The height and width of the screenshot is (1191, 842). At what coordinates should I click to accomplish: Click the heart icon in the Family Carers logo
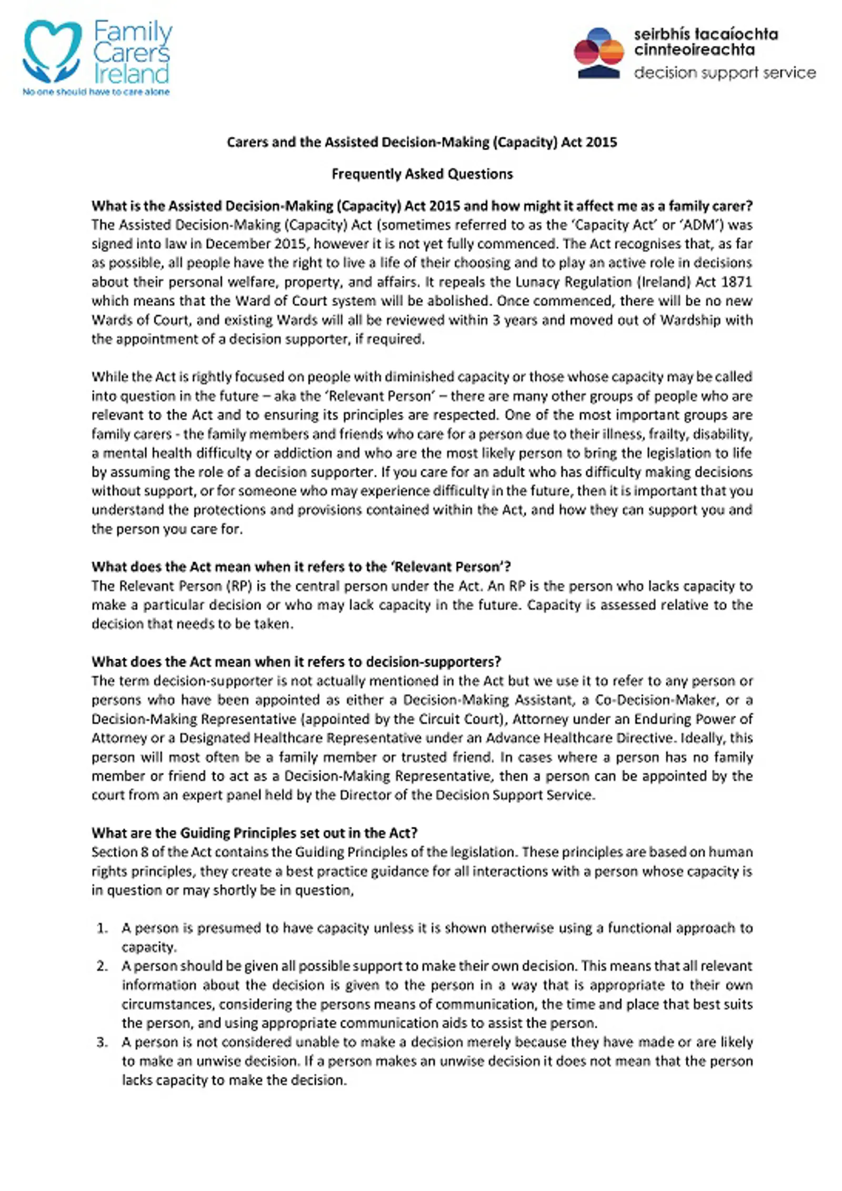[52, 50]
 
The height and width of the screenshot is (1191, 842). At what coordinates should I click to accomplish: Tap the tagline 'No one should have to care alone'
[96, 92]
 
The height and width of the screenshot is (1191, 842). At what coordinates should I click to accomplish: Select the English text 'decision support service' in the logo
[725, 73]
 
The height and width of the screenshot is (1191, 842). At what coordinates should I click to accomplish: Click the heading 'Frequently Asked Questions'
[422, 174]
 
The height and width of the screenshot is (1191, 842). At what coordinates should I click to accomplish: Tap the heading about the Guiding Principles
[254, 832]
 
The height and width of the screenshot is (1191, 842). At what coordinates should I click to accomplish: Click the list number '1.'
[103, 928]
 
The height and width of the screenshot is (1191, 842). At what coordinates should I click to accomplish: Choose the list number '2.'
[103, 966]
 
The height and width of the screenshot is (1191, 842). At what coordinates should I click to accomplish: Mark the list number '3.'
[103, 1041]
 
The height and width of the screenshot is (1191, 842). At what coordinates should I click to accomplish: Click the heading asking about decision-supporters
[296, 661]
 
